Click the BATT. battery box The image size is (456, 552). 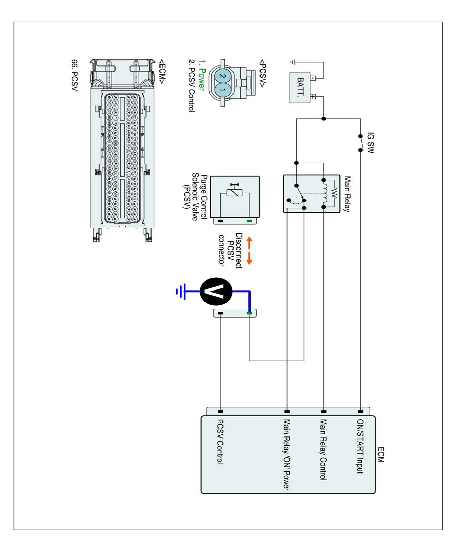click(300, 88)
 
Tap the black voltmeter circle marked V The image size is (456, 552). click(216, 292)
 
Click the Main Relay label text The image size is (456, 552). click(347, 194)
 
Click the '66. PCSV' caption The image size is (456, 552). click(75, 75)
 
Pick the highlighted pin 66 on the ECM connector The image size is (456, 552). click(115, 143)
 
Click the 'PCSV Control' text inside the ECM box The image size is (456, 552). click(220, 441)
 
